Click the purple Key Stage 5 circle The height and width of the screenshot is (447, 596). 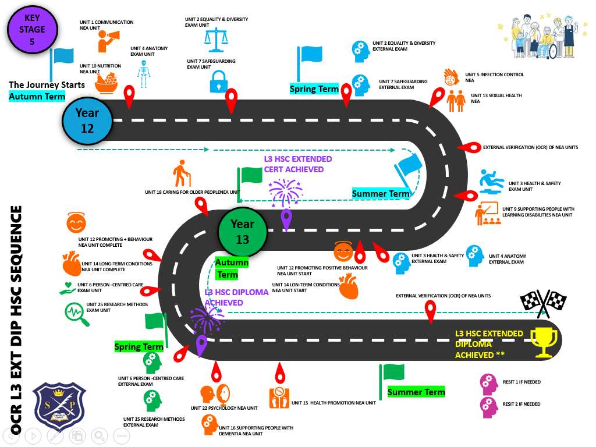32,29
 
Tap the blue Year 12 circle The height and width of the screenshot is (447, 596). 87,120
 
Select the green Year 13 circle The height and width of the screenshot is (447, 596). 242,231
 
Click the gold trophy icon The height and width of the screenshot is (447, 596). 545,342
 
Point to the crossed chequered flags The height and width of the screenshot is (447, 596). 542,303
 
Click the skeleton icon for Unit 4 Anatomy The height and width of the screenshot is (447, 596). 143,74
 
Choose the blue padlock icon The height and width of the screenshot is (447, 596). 218,81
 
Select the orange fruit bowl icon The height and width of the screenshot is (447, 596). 107,81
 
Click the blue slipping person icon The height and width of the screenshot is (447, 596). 492,181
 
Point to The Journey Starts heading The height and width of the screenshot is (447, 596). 47,84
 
